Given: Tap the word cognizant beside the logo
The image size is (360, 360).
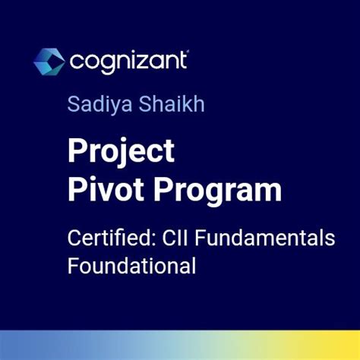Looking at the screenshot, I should tap(128, 60).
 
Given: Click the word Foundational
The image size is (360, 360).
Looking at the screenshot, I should tap(131, 266).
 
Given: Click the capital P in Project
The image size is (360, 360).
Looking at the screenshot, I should tap(76, 151).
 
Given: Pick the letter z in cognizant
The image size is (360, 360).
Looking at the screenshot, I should tap(146, 60).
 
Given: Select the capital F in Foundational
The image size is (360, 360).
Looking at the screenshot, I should tap(72, 266).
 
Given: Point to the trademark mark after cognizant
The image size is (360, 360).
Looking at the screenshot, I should tap(188, 52).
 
